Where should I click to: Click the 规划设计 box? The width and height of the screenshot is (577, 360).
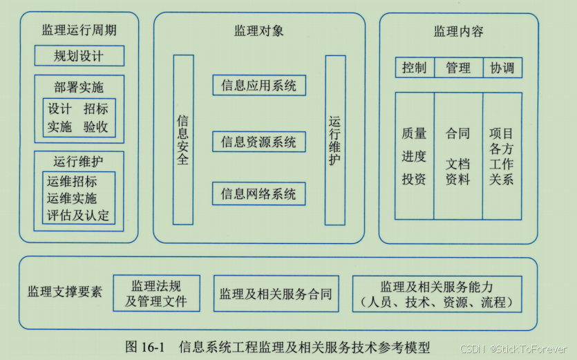(x=79, y=56)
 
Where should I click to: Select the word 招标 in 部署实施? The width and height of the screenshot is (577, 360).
(x=96, y=109)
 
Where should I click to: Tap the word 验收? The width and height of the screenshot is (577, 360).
(x=96, y=127)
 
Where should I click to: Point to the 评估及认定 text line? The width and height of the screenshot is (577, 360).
(x=78, y=215)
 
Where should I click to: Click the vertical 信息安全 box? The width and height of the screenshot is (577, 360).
(x=183, y=140)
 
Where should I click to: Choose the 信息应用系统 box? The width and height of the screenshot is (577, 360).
(x=258, y=86)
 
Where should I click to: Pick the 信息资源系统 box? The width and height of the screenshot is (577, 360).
(x=258, y=142)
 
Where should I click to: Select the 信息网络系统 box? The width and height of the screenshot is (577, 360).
(x=258, y=194)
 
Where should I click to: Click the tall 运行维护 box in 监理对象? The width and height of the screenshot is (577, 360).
(x=334, y=140)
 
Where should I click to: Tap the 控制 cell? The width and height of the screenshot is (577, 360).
(x=414, y=68)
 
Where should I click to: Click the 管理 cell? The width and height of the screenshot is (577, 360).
(x=457, y=68)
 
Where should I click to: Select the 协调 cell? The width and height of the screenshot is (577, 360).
(x=502, y=68)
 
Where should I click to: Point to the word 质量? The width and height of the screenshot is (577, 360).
(x=414, y=133)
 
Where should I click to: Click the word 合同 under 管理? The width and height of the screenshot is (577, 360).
(x=457, y=133)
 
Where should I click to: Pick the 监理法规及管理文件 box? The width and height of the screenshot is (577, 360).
(x=156, y=294)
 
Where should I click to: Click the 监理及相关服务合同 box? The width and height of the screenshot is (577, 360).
(x=276, y=294)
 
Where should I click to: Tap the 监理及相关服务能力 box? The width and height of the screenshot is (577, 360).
(x=437, y=294)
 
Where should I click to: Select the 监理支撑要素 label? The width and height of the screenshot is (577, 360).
(x=64, y=292)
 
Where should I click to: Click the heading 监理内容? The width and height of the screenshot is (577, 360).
(x=458, y=31)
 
